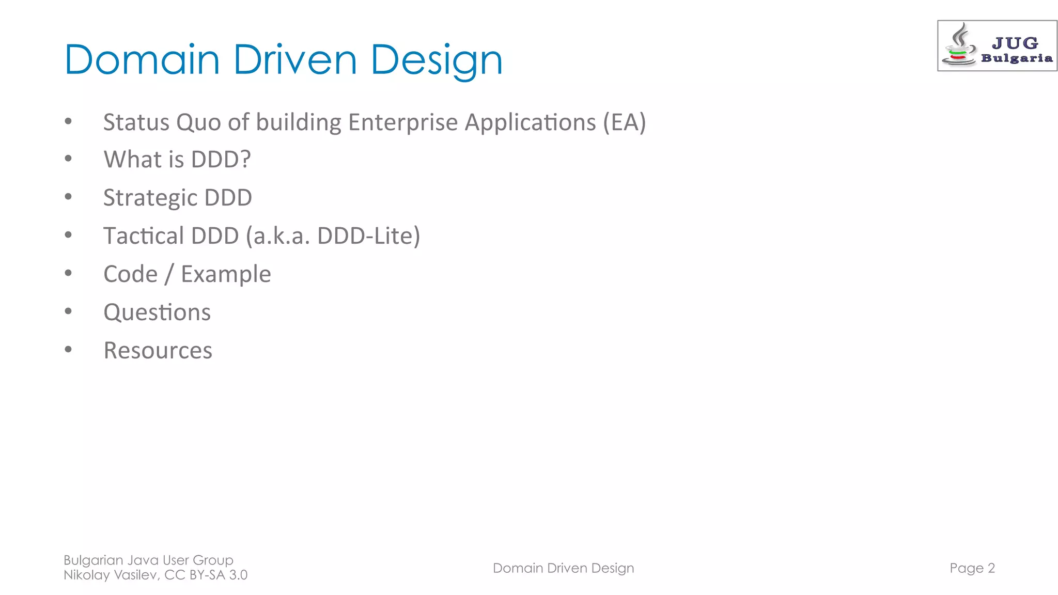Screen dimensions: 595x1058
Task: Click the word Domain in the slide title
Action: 142,60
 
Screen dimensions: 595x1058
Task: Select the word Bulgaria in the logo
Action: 1017,58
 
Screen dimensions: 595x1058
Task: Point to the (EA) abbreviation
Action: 625,123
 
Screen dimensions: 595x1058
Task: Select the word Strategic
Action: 150,198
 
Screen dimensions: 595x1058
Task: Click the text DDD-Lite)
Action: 368,236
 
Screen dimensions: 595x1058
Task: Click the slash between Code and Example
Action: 169,274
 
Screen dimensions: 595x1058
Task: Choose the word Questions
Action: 157,312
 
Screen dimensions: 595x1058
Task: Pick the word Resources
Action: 158,351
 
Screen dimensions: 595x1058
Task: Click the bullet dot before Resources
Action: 68,350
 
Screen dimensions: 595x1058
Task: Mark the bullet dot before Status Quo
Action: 68,121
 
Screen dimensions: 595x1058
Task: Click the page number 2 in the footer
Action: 991,568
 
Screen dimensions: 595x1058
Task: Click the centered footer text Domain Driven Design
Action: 563,568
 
